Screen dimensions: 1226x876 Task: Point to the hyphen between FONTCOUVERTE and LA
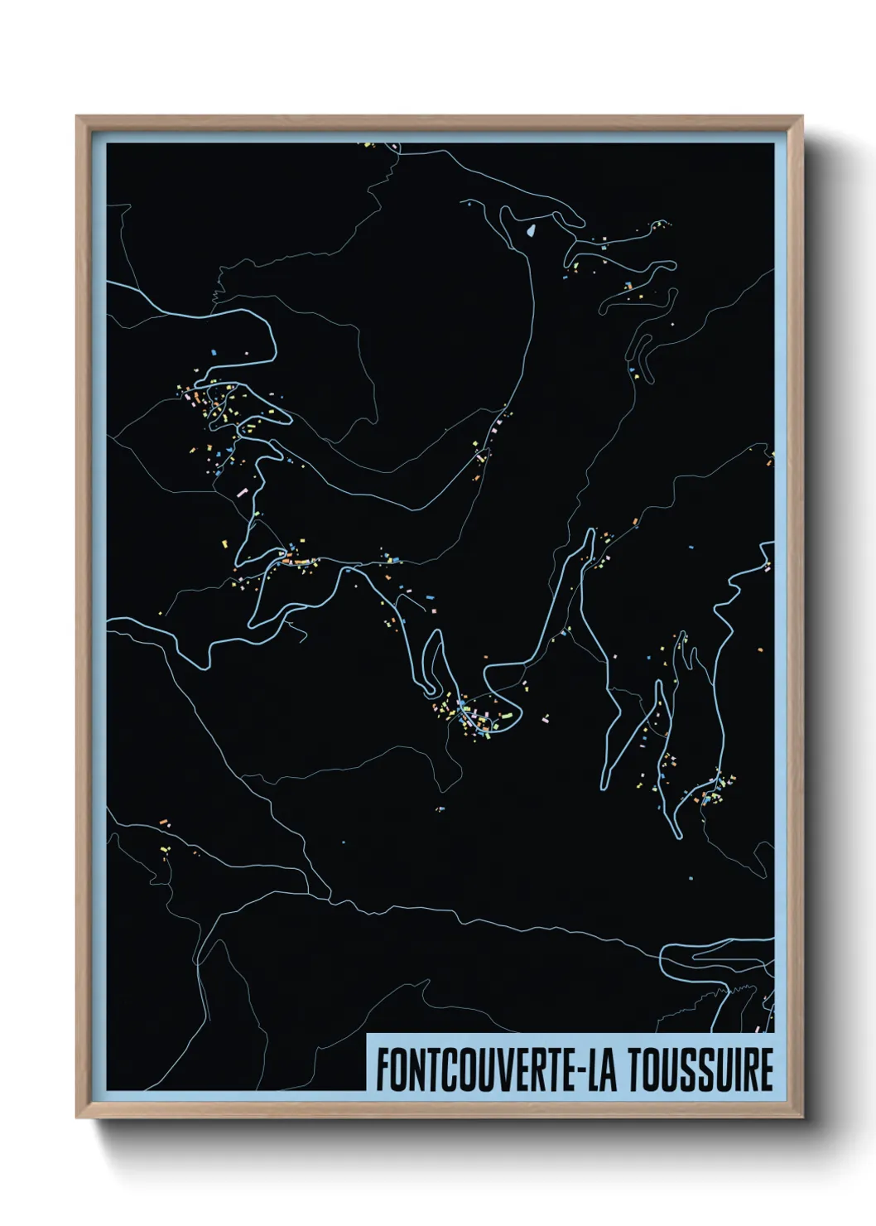click(575, 1071)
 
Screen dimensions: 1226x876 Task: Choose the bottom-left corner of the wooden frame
click(77, 1117)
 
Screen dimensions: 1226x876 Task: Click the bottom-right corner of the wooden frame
click(802, 1117)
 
